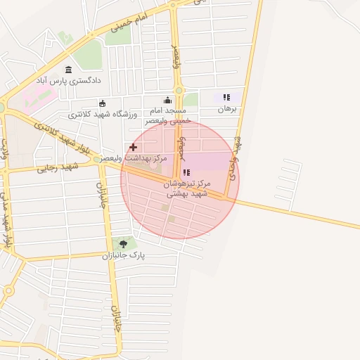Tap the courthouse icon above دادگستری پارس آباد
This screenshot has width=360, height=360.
point(68,70)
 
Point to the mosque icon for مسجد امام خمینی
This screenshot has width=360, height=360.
point(167,101)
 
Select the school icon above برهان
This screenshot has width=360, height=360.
point(226,98)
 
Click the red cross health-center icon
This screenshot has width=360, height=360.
point(133,147)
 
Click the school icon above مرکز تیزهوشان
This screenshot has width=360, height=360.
point(186,172)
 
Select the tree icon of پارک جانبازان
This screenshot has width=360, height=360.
point(124,244)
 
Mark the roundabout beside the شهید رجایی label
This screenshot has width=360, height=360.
point(96,160)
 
